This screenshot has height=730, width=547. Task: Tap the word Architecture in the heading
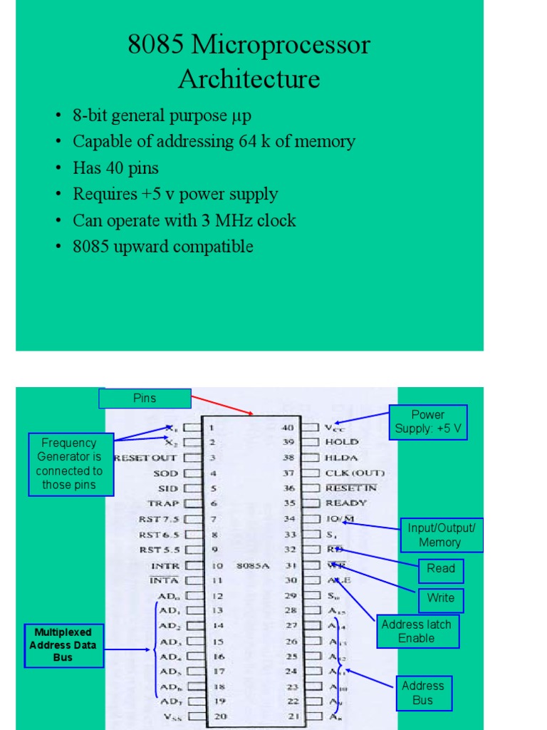pyautogui.click(x=249, y=78)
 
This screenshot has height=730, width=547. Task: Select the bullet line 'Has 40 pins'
pyautogui.click(x=115, y=168)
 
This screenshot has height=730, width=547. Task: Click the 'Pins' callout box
pyautogui.click(x=145, y=399)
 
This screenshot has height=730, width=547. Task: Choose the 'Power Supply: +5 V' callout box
pyautogui.click(x=428, y=422)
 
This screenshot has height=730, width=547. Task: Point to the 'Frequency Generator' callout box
pyautogui.click(x=68, y=464)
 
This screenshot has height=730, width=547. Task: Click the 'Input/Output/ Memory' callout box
pyautogui.click(x=442, y=535)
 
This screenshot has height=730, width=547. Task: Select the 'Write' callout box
pyautogui.click(x=441, y=599)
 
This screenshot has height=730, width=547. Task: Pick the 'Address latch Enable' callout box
pyautogui.click(x=417, y=631)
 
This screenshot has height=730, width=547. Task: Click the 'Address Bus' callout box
pyautogui.click(x=423, y=693)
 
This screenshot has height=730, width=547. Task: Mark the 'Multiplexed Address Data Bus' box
pyautogui.click(x=63, y=645)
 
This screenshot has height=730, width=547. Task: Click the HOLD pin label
pyautogui.click(x=342, y=442)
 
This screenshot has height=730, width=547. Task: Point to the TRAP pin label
pyautogui.click(x=163, y=503)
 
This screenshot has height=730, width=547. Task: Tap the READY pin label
pyautogui.click(x=346, y=503)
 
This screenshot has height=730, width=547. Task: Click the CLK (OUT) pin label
pyautogui.click(x=354, y=473)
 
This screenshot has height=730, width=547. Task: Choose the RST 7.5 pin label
pyautogui.click(x=159, y=519)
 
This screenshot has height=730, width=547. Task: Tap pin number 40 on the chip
pyautogui.click(x=288, y=428)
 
